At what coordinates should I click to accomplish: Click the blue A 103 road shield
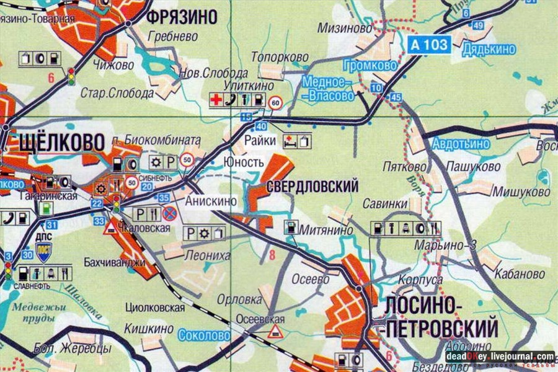pyautogui.click(x=429, y=44)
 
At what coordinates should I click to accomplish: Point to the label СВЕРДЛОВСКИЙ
pyautogui.click(x=312, y=186)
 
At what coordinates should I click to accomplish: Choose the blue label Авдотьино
pyautogui.click(x=462, y=144)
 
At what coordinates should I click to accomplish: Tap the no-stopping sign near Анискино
pyautogui.click(x=170, y=214)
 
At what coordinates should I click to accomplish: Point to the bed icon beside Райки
pyautogui.click(x=290, y=141)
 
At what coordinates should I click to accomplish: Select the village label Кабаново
pyautogui.click(x=520, y=273)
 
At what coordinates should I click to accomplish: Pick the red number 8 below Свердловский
pyautogui.click(x=270, y=253)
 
